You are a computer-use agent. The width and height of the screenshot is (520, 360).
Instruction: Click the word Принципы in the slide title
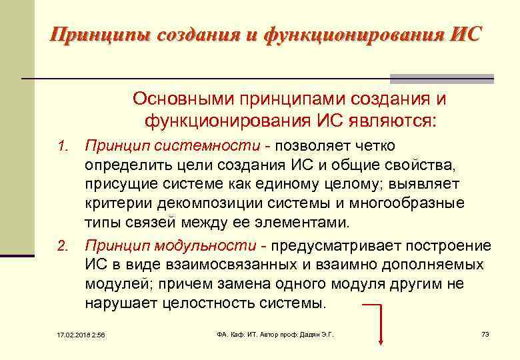99,34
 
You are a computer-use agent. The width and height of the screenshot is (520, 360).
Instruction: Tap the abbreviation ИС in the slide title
464,34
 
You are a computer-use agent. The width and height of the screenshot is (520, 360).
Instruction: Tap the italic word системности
213,145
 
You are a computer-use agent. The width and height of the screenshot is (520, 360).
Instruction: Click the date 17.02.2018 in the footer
69,334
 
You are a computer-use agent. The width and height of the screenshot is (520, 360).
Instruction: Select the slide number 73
485,333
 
